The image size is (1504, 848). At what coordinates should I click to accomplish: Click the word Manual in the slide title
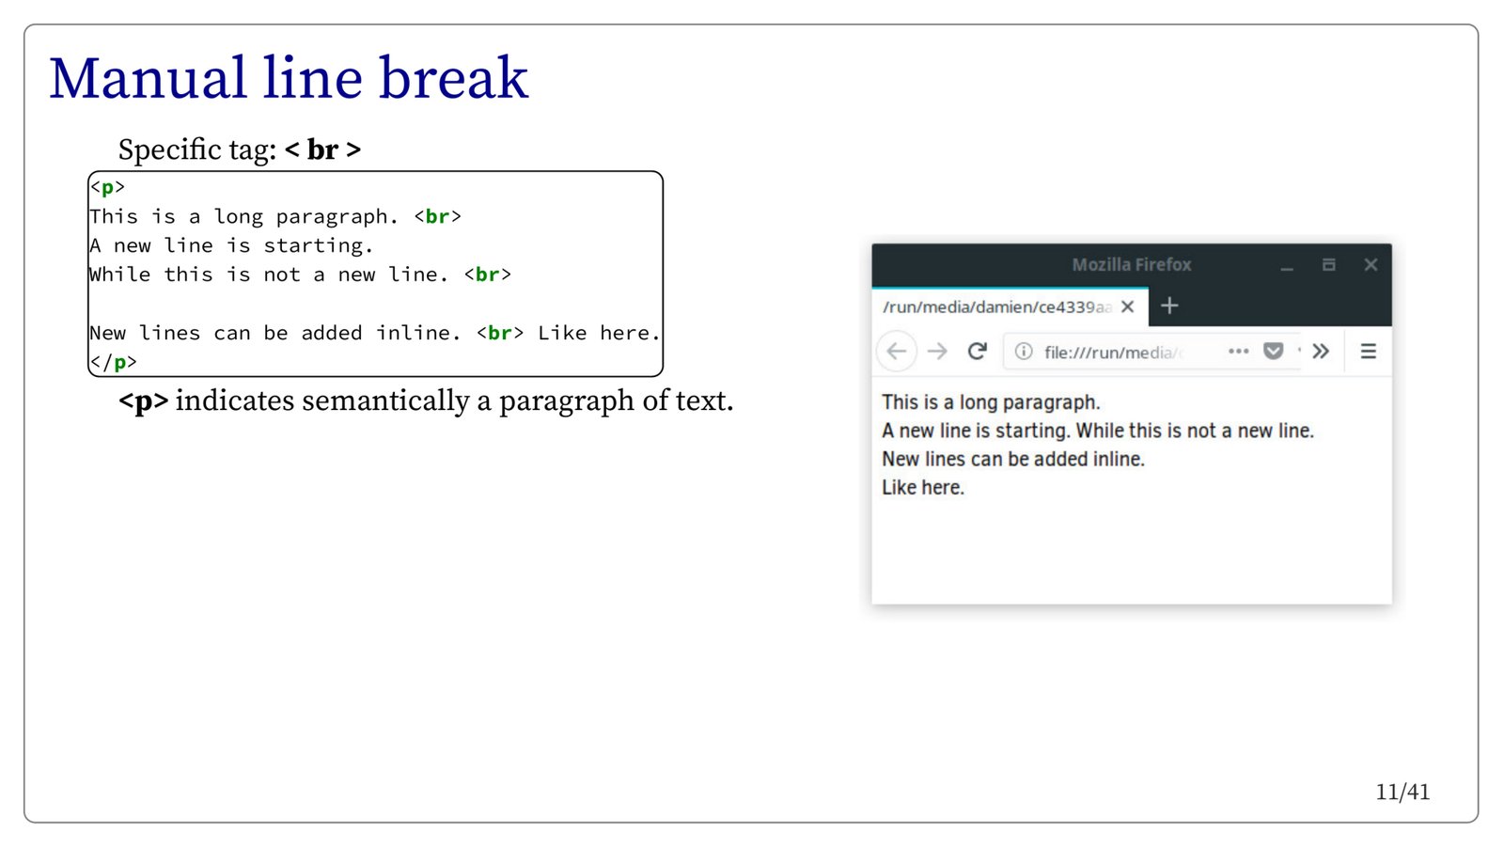[148, 79]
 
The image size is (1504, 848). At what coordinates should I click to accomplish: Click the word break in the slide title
[453, 78]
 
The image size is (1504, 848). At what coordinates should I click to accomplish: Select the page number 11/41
[1402, 793]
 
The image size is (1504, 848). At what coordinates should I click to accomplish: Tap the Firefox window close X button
[1371, 264]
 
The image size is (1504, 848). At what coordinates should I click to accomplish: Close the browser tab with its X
[1128, 306]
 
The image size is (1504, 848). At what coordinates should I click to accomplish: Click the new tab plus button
[1169, 306]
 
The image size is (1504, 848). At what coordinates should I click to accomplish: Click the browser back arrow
[897, 352]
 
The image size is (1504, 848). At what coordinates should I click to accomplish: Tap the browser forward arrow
[937, 352]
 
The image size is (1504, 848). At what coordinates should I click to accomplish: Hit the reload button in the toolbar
[978, 351]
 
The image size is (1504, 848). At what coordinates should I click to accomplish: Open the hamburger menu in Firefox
[1369, 352]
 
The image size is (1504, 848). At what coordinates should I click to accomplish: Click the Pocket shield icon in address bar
[1273, 352]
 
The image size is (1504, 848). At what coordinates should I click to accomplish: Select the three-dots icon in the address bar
[1238, 352]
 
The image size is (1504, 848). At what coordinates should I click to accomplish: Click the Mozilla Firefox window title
[1132, 264]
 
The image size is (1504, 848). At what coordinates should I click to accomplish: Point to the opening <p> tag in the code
[107, 187]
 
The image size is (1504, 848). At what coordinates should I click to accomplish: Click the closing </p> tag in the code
[114, 363]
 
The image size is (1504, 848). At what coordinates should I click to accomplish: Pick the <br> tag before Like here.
[499, 333]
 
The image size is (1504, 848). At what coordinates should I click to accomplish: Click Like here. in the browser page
[922, 487]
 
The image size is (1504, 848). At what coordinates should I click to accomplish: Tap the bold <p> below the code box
[143, 401]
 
